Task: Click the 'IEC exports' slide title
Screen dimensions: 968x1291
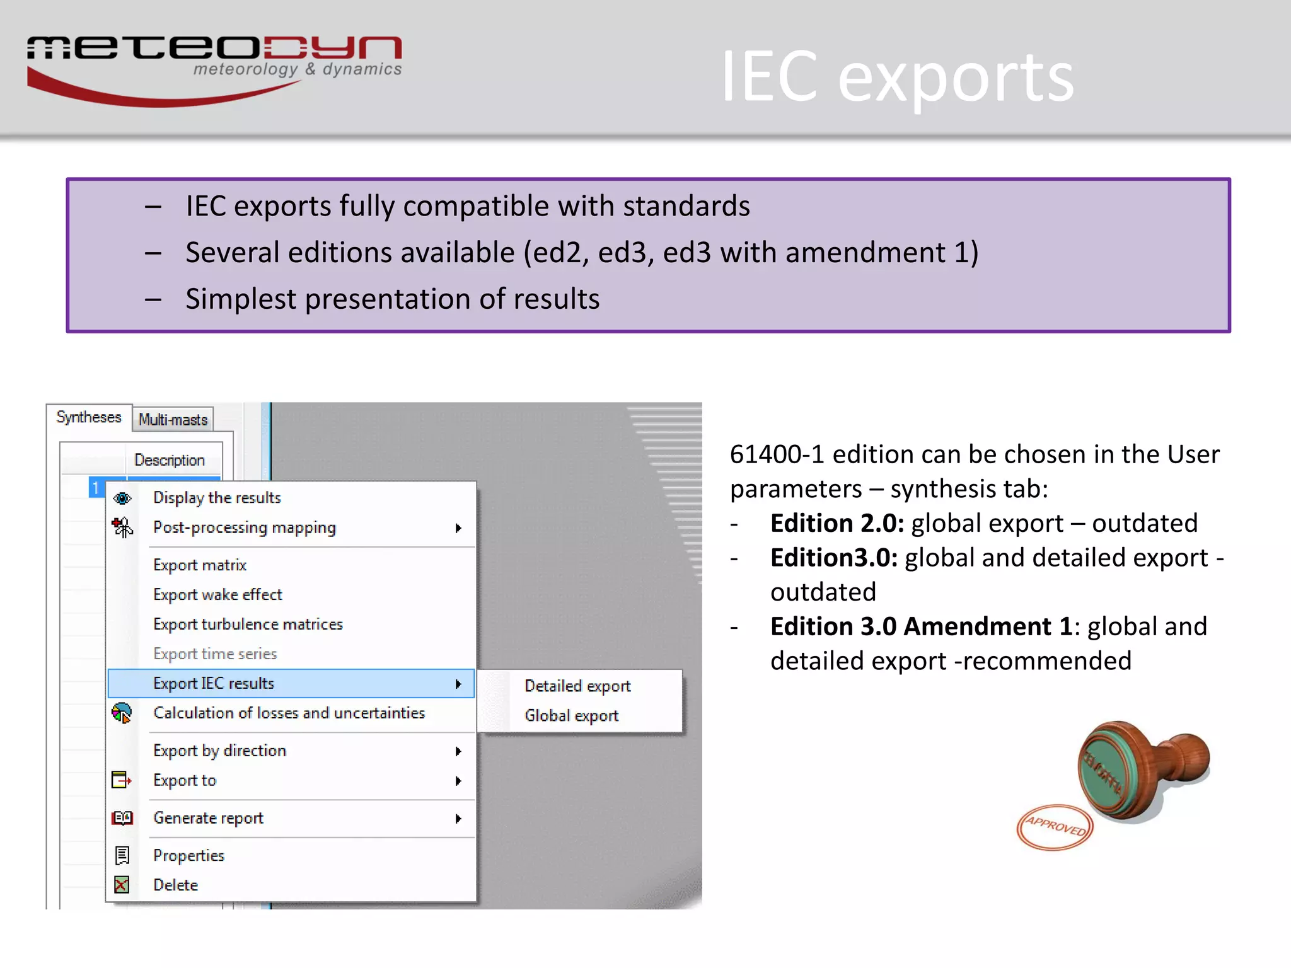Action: tap(897, 78)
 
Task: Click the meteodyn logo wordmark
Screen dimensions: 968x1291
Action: tap(214, 49)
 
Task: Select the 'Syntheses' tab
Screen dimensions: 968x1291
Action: tap(89, 417)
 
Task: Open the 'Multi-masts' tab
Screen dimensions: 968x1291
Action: tap(173, 420)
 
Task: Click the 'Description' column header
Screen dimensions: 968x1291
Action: tap(170, 460)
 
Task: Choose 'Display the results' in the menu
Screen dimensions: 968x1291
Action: tap(217, 498)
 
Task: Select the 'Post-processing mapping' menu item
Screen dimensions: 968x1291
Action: tap(245, 527)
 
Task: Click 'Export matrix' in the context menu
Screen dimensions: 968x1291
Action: tap(200, 565)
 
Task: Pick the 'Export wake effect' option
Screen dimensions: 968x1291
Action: tap(217, 594)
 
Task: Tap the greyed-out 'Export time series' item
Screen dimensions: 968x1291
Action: tap(215, 654)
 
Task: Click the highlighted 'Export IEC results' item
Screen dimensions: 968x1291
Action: tap(214, 684)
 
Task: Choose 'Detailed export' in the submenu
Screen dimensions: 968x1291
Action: tap(577, 686)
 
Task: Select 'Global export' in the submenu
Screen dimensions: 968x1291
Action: tap(571, 716)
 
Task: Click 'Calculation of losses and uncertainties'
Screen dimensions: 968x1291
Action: tap(289, 713)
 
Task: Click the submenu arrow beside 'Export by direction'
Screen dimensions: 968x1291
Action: tap(458, 751)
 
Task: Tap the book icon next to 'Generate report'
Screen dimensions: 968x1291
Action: tap(122, 818)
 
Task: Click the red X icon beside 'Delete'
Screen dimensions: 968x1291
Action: tap(122, 885)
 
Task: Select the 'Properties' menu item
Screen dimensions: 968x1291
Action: tap(188, 856)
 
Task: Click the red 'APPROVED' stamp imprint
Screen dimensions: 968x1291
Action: tap(1055, 827)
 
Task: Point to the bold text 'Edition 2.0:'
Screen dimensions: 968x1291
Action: tap(837, 524)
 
